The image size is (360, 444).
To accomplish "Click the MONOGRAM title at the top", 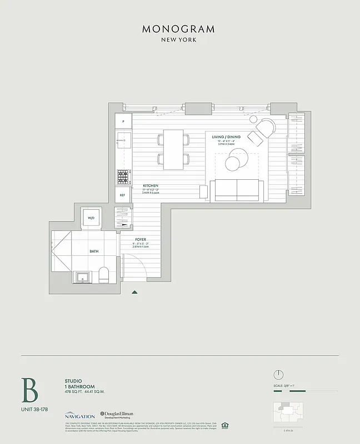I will click(178, 29).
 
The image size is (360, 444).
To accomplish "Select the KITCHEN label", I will click(151, 185).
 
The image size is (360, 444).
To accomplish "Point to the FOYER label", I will click(141, 239).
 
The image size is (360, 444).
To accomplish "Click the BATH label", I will click(94, 251).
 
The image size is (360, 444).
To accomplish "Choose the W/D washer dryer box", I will click(91, 218).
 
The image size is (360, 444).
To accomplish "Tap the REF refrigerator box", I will click(123, 195).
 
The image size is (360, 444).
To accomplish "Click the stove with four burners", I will click(123, 176).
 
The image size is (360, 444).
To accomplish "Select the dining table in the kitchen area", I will click(173, 149).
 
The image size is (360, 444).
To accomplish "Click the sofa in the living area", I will click(237, 190).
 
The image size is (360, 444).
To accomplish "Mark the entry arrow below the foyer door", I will click(134, 291).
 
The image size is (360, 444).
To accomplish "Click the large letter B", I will click(29, 390).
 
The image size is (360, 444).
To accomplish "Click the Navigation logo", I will click(79, 415).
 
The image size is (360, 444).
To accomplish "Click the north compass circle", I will click(279, 374).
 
